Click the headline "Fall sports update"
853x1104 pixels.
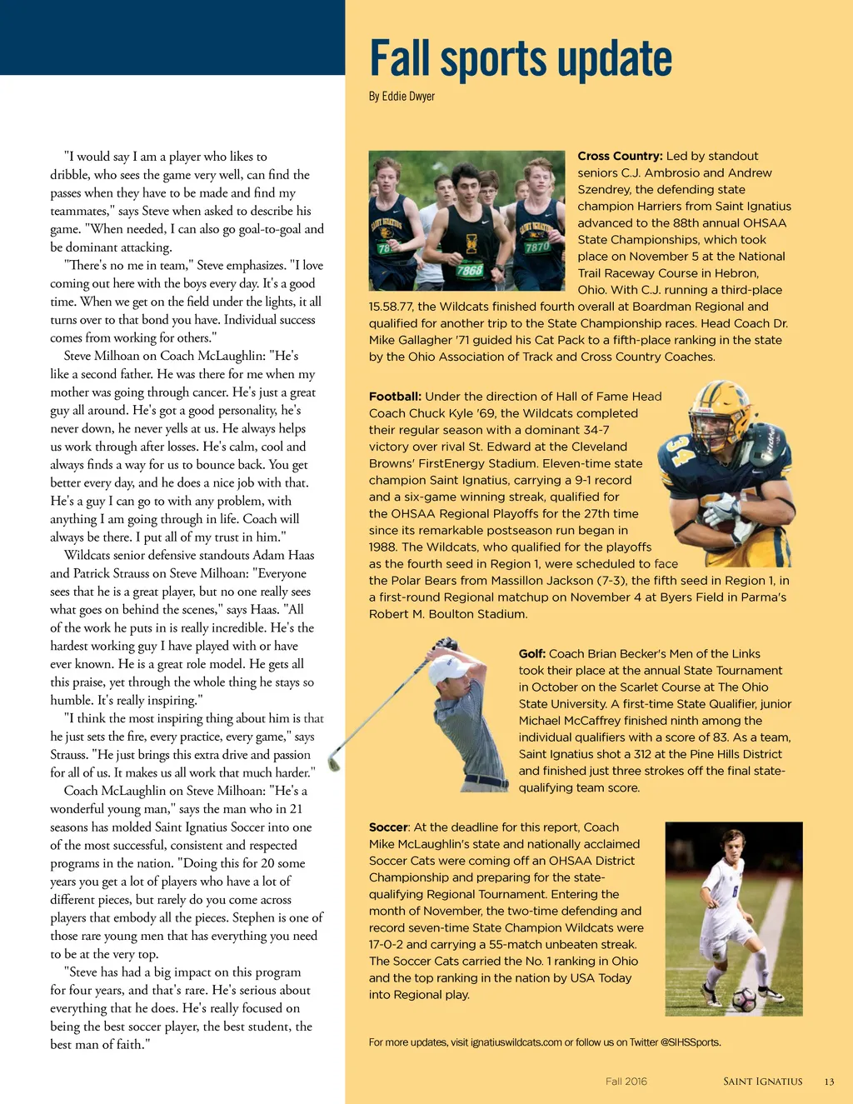tap(521, 60)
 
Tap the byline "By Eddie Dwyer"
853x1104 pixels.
tap(402, 97)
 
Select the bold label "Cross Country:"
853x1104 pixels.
tap(620, 156)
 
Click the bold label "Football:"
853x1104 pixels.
tap(395, 397)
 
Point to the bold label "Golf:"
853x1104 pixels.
tap(531, 654)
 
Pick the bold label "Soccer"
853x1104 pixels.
tap(388, 827)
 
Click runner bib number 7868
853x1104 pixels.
tap(469, 270)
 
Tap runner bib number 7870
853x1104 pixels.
tap(537, 247)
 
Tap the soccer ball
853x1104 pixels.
tap(743, 999)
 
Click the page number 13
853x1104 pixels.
tap(829, 1082)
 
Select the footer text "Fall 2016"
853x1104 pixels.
tap(626, 1082)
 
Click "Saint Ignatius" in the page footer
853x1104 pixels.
tap(762, 1082)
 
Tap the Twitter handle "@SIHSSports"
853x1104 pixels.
tap(691, 1042)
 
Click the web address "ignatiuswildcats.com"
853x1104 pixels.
tap(516, 1042)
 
